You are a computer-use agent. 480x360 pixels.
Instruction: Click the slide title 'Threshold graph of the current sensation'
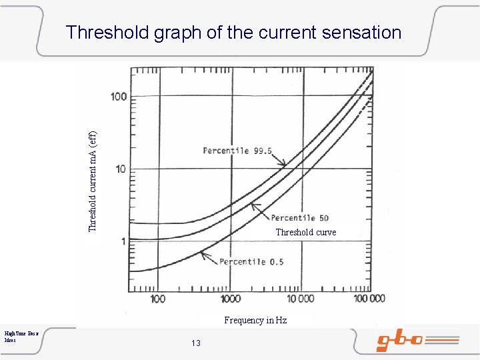tap(233, 32)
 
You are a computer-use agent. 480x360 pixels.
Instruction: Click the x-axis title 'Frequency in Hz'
tap(255, 320)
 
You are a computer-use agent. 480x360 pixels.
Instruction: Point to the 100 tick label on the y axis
tap(119, 97)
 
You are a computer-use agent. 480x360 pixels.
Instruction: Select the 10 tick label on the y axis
tap(121, 169)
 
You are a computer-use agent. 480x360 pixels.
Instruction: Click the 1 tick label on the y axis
tap(123, 241)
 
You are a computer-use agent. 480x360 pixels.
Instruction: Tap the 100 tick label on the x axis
tap(157, 299)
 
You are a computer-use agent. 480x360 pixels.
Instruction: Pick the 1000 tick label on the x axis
tap(231, 299)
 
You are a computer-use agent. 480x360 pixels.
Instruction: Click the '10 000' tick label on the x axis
tap(300, 299)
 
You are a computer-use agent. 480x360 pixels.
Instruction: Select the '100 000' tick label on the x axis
tap(369, 299)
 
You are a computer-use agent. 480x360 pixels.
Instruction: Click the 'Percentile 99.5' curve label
tap(237, 151)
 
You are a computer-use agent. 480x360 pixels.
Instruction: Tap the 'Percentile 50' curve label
tap(299, 218)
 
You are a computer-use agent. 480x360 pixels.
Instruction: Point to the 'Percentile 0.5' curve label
tap(251, 261)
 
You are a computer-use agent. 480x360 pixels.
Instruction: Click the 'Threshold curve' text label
tap(306, 232)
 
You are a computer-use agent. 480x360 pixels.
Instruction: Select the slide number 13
tap(195, 343)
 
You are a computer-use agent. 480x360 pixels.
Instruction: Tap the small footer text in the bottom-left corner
tap(21, 335)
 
